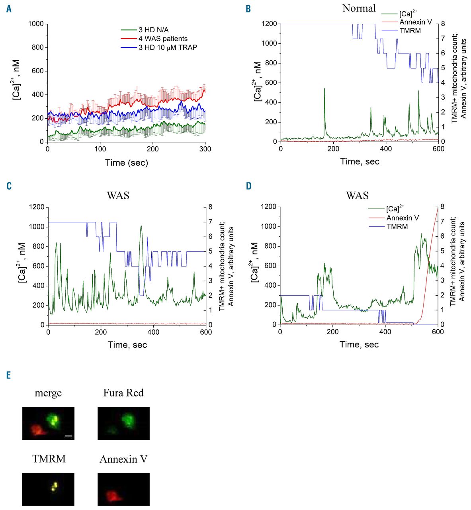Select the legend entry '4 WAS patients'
(x=163, y=39)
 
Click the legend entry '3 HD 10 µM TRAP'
(x=168, y=47)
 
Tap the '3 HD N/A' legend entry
(x=153, y=30)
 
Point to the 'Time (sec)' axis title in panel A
(x=127, y=163)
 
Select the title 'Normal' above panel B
(x=359, y=8)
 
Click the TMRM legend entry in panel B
(x=410, y=31)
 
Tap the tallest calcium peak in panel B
(x=324, y=89)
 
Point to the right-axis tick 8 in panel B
(x=443, y=24)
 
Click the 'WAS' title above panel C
(x=118, y=195)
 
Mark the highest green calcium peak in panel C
(x=141, y=226)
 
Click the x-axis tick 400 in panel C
(x=153, y=332)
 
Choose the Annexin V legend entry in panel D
(x=403, y=218)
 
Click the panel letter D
(x=248, y=186)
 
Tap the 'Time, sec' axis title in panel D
(x=359, y=344)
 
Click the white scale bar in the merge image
(x=68, y=436)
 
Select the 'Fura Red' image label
(x=123, y=393)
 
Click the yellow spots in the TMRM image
(x=55, y=486)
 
